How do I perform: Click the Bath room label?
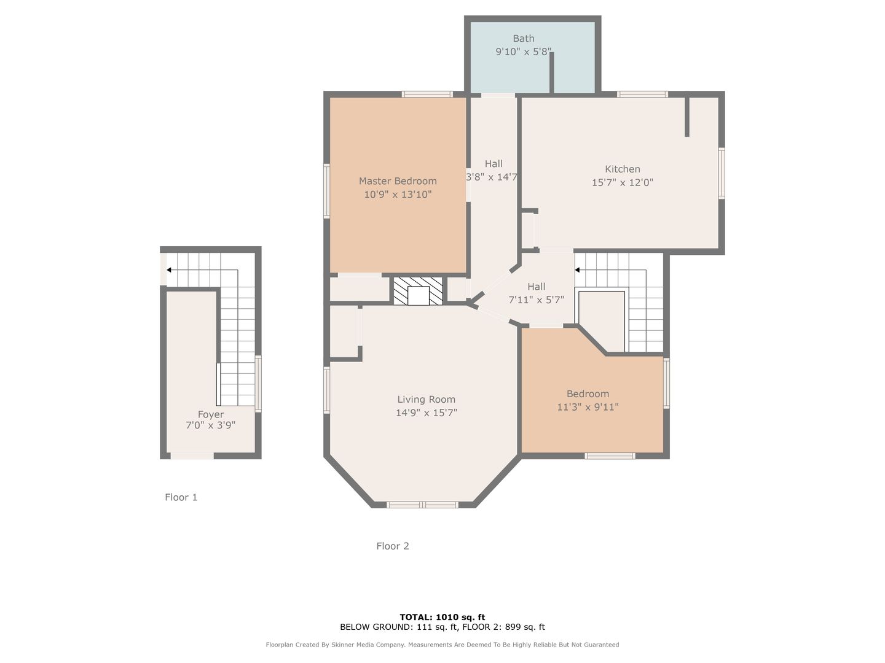coord(524,39)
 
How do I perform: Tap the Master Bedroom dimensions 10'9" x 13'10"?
coord(398,195)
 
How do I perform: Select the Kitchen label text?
coord(622,169)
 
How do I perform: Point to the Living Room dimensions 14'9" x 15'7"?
coord(426,413)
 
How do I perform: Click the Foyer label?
coord(210,414)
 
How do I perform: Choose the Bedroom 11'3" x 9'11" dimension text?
coord(588,407)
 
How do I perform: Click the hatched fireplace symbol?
coord(418,290)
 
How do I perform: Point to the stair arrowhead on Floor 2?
coord(577,269)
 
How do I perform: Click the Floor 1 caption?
coord(181,497)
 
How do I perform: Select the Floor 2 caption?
coord(392,546)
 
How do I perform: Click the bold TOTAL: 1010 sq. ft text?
coord(442,617)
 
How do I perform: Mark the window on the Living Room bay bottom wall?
coord(422,505)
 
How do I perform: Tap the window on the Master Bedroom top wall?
coord(427,94)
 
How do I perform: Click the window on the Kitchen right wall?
coord(722,173)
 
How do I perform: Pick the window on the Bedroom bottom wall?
coord(610,456)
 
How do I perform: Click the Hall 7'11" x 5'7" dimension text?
coord(536,300)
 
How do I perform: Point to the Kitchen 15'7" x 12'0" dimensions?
coord(622,182)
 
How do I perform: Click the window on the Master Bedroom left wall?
coord(326,191)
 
